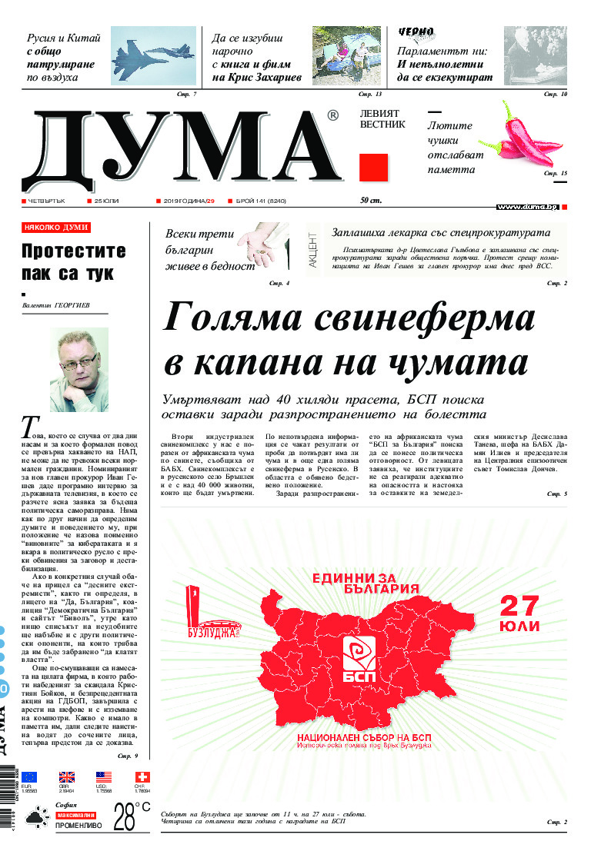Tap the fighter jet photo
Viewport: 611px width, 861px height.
click(153, 55)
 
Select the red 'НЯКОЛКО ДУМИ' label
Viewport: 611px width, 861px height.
click(56, 228)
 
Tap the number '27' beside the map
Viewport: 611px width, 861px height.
click(519, 605)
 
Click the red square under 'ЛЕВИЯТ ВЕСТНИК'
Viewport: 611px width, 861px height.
click(373, 167)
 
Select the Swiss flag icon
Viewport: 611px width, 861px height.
click(142, 777)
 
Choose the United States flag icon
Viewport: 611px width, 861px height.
click(104, 777)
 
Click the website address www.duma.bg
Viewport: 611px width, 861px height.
click(527, 207)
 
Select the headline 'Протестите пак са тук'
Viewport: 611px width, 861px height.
click(73, 261)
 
